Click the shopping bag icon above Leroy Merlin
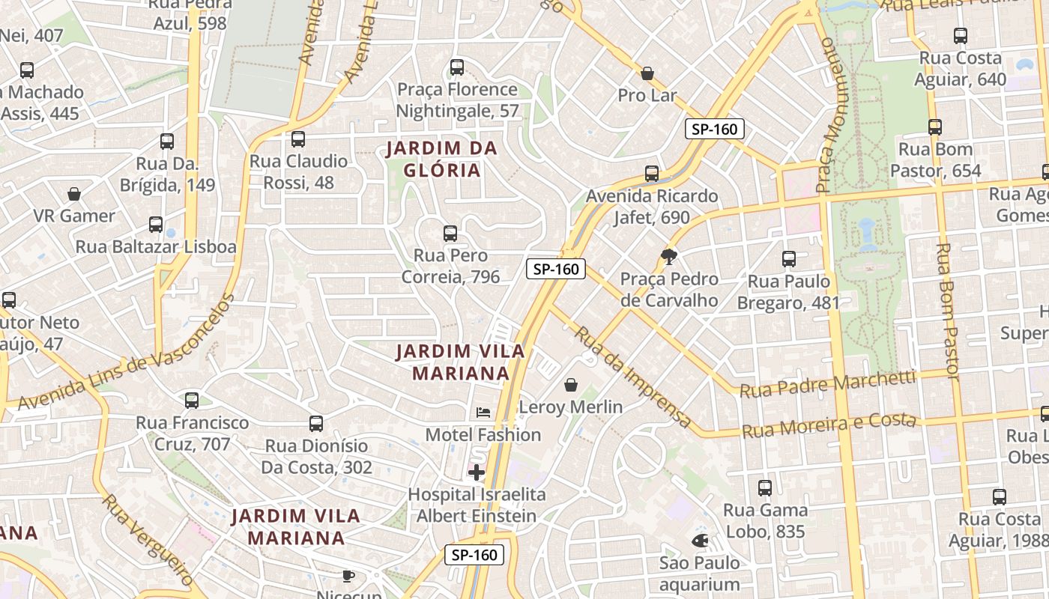click(571, 385)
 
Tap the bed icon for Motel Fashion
click(483, 413)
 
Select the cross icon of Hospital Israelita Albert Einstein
click(476, 472)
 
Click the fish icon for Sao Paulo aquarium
click(700, 541)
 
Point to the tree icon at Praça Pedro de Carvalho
click(669, 257)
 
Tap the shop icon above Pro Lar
click(647, 73)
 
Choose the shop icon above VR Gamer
click(74, 194)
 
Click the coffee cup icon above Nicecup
click(348, 576)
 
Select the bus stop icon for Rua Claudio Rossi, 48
click(298, 139)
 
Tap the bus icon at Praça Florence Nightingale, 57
click(457, 67)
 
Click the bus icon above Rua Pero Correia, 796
click(450, 234)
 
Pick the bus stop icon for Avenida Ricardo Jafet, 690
click(652, 174)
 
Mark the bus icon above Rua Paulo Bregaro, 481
click(789, 259)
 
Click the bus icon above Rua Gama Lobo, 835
click(765, 488)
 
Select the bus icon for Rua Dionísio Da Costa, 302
click(316, 424)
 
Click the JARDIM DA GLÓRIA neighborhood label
click(442, 159)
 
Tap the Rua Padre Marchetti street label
click(827, 383)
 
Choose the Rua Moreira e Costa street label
click(829, 425)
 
